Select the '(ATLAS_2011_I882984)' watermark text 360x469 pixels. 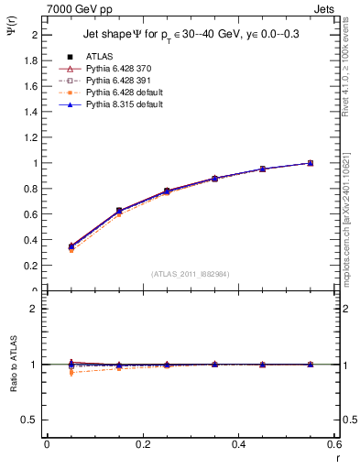pos(191,274)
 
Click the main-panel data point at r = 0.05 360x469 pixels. pos(71,246)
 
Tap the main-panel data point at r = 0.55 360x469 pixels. pos(311,163)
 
